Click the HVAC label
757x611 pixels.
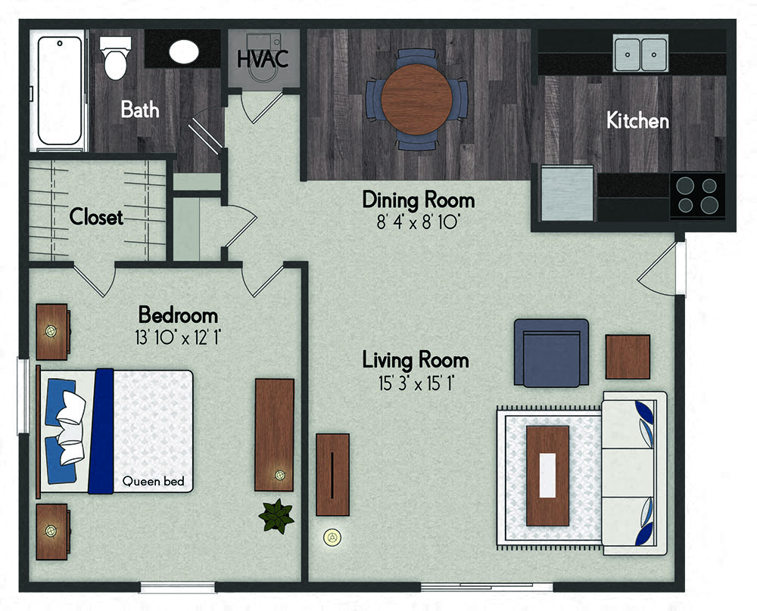(263, 59)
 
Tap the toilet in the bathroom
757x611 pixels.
(115, 58)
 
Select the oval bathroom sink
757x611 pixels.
(184, 51)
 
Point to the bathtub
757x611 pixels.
(59, 90)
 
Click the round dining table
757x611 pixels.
(416, 99)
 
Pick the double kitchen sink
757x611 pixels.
(640, 53)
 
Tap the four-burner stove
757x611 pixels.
(697, 196)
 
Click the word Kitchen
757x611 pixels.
(637, 120)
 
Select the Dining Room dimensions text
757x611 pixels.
(418, 222)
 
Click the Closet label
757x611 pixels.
(96, 216)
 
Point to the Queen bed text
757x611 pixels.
(153, 481)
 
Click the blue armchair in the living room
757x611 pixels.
(551, 352)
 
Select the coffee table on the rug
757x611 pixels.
(547, 476)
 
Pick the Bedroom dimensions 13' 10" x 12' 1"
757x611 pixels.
(177, 337)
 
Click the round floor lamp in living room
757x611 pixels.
(332, 537)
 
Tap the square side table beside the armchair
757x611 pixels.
(628, 357)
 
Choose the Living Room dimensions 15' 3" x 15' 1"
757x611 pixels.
(416, 383)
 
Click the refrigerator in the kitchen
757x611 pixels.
(567, 194)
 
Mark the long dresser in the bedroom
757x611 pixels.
(274, 435)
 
